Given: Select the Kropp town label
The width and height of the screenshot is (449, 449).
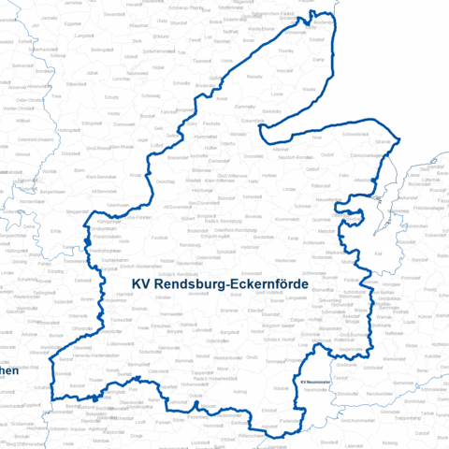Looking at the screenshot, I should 136,174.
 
